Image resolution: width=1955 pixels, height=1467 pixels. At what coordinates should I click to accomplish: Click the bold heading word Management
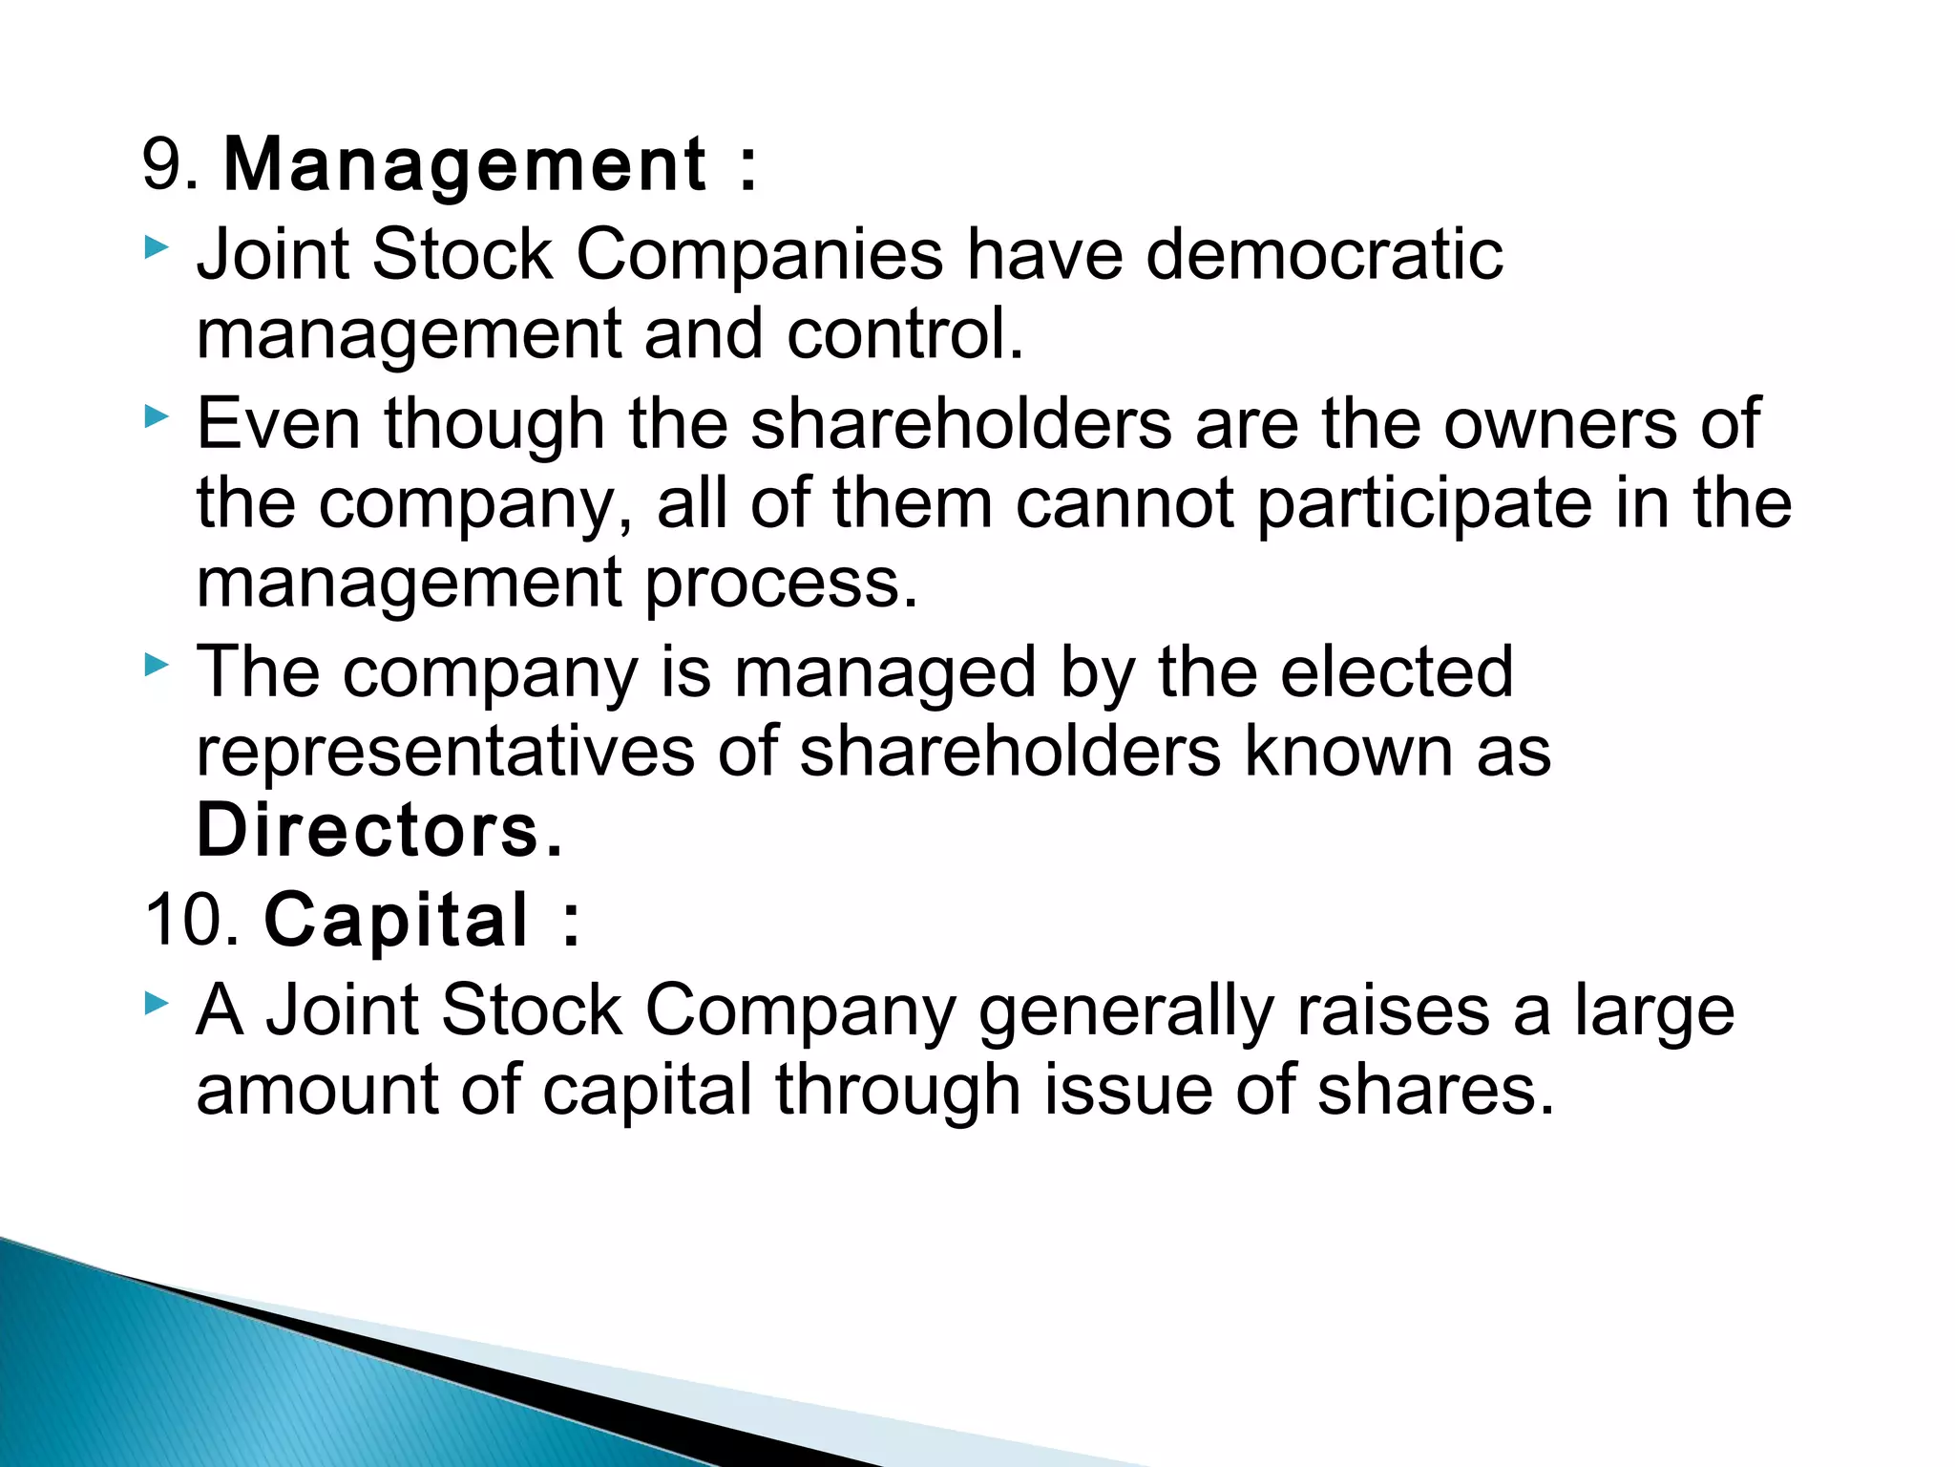point(465,166)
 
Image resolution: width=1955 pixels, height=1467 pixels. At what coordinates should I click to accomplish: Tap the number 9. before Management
point(171,164)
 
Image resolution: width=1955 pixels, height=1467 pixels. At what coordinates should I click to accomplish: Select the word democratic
point(1324,255)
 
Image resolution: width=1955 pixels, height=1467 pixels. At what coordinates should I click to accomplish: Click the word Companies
point(759,255)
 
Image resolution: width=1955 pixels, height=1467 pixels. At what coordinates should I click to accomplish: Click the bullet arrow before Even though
point(158,416)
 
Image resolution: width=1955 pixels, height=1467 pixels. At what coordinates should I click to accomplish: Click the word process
point(781,584)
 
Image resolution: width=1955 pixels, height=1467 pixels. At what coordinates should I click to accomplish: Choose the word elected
point(1396,672)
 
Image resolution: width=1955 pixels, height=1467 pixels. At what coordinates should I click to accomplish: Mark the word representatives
point(446,753)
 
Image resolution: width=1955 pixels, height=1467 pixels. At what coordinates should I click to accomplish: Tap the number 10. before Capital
point(192,920)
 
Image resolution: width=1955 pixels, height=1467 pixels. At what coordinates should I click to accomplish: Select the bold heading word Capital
point(395,921)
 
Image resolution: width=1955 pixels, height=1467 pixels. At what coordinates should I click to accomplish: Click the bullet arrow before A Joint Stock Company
point(158,1003)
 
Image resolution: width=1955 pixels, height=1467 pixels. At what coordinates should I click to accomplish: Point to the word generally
point(1125,1012)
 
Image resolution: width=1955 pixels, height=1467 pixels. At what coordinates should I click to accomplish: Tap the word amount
point(317,1091)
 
